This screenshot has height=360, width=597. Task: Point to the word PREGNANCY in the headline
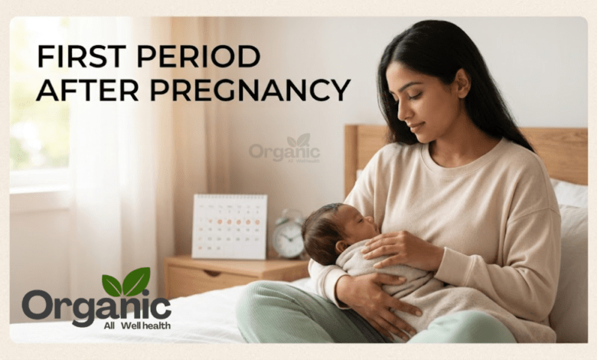tap(250, 90)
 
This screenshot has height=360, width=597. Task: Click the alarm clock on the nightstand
tap(289, 234)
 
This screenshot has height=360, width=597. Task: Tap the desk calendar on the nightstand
tap(229, 226)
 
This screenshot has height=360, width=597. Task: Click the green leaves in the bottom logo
tap(126, 283)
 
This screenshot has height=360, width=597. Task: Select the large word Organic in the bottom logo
tap(96, 306)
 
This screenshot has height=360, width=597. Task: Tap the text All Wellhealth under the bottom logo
tap(137, 326)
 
